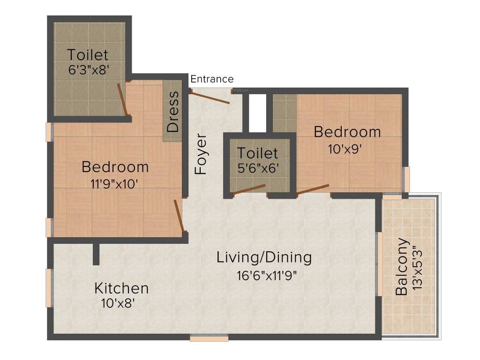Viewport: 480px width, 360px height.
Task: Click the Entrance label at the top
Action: coord(212,79)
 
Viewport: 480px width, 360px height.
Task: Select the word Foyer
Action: coord(201,154)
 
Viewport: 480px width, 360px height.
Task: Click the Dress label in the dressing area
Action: coord(173,111)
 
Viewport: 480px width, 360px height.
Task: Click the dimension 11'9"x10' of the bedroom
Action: coord(115,183)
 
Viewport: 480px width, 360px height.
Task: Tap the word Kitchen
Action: coord(121,288)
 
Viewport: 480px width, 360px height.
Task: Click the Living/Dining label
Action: coord(264,257)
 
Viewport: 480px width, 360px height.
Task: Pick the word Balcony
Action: coord(402,267)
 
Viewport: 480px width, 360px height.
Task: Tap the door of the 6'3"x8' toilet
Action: coord(123,99)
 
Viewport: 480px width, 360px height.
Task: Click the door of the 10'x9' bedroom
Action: coord(313,189)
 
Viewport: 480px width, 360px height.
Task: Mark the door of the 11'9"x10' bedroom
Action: coord(179,215)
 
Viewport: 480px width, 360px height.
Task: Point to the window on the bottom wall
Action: coord(209,337)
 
